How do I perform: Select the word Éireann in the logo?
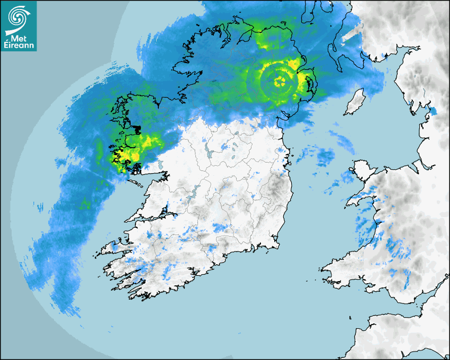coord(18,46)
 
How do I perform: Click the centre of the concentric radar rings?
coord(281,82)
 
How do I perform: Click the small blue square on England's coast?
coord(433,111)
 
